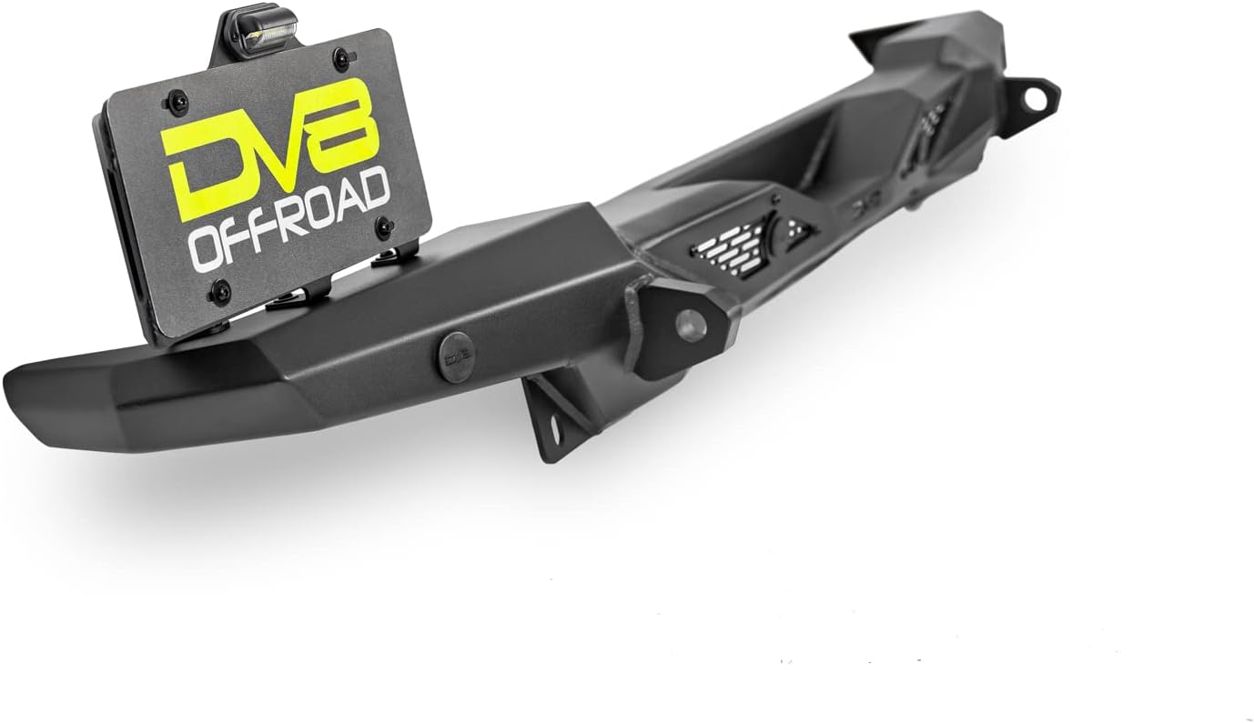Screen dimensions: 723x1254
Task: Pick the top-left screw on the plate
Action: (177, 102)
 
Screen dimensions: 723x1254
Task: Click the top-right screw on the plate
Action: (340, 58)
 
